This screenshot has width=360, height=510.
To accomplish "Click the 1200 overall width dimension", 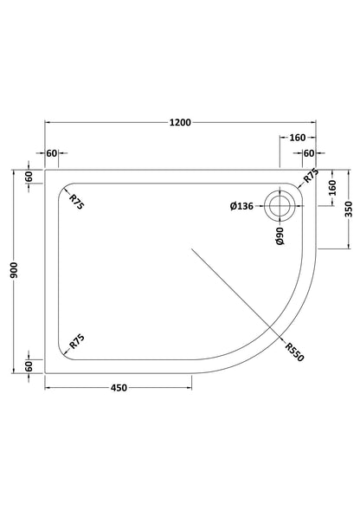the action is (180, 123).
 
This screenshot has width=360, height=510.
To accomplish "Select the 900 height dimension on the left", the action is (14, 271).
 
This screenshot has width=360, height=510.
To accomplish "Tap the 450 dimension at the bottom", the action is (119, 388).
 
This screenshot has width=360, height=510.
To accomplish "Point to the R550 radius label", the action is (294, 352).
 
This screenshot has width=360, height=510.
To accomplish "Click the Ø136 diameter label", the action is (241, 206).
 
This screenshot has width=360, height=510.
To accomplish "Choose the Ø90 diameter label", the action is (280, 236).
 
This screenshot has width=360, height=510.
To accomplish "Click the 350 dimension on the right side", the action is (348, 210).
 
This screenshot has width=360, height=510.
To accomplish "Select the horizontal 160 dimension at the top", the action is (298, 138).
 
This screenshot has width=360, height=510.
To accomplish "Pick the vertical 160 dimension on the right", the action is (332, 188).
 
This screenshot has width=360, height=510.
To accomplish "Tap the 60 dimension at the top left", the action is (52, 153).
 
